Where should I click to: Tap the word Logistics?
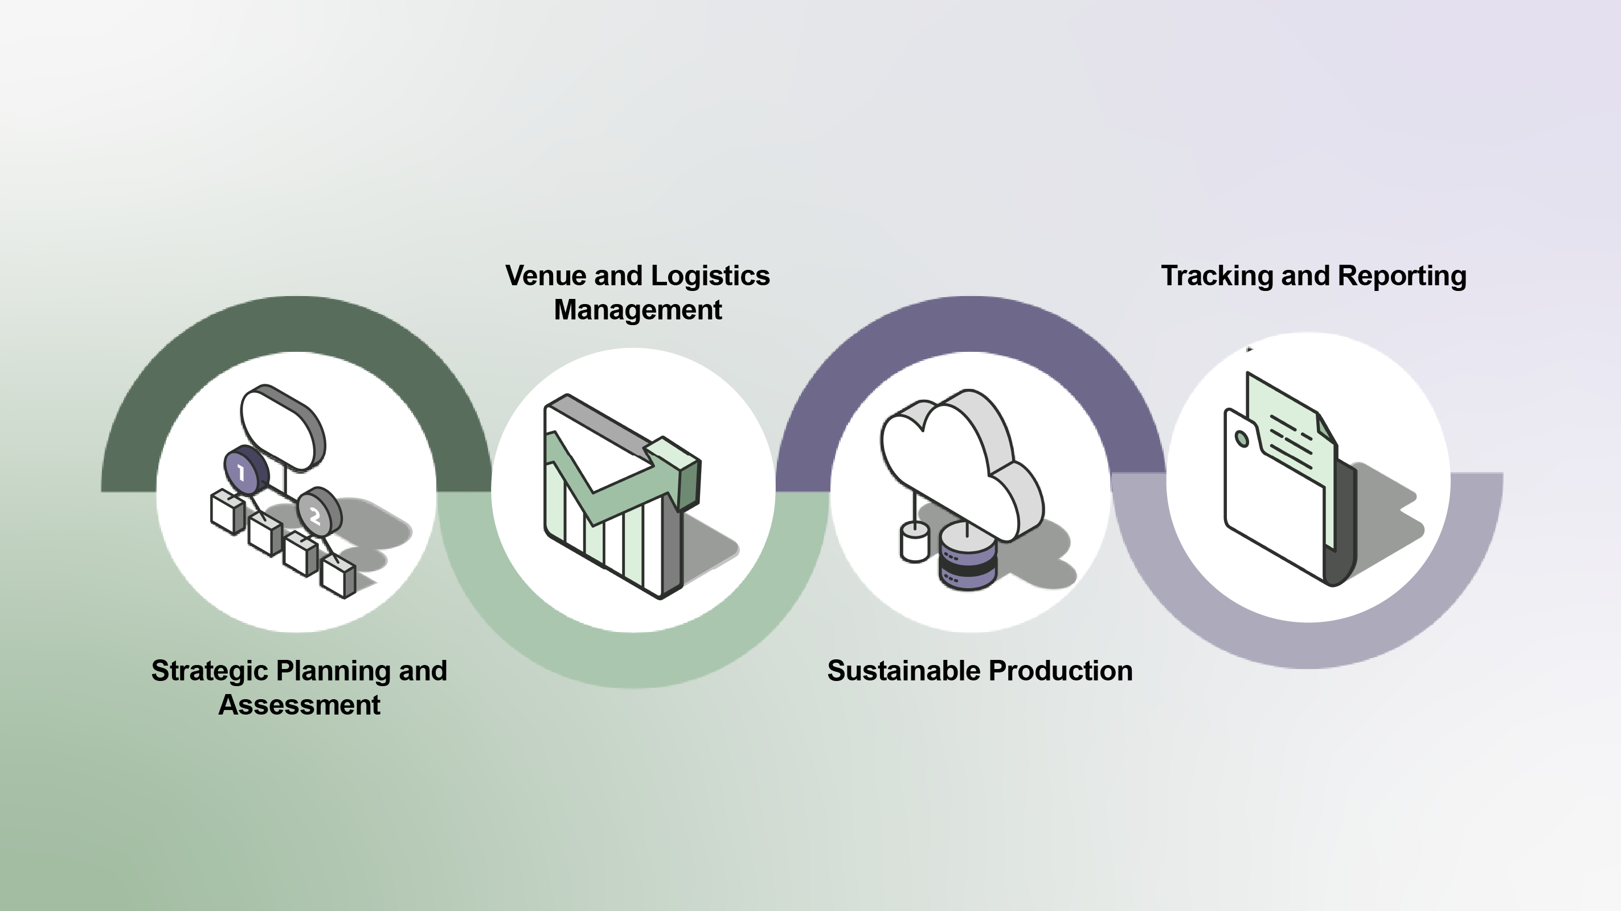click(710, 276)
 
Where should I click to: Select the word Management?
click(637, 310)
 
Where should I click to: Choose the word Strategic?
click(210, 671)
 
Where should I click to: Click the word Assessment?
click(299, 705)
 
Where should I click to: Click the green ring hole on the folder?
click(1242, 438)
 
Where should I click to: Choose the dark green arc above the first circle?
click(296, 324)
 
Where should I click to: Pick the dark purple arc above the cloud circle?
click(969, 324)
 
